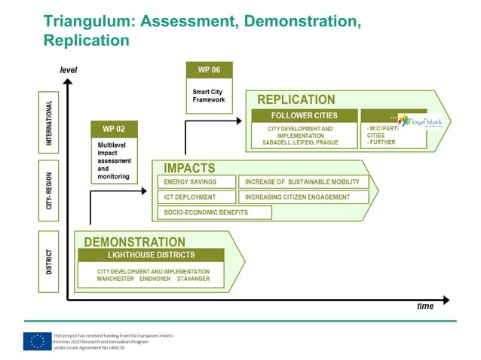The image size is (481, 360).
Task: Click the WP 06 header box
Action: pos(209,70)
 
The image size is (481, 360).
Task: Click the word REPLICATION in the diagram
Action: pos(296,99)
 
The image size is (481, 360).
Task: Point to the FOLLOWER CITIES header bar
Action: pos(305,115)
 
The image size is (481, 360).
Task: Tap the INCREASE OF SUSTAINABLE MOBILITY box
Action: pos(305,182)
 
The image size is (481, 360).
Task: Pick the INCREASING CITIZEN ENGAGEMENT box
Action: pos(305,197)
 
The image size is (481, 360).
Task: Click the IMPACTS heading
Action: pos(189,168)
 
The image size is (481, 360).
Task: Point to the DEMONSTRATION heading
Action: pos(134,242)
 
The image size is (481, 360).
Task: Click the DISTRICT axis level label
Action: pos(49,258)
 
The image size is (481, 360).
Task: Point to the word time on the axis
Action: pos(425,307)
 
